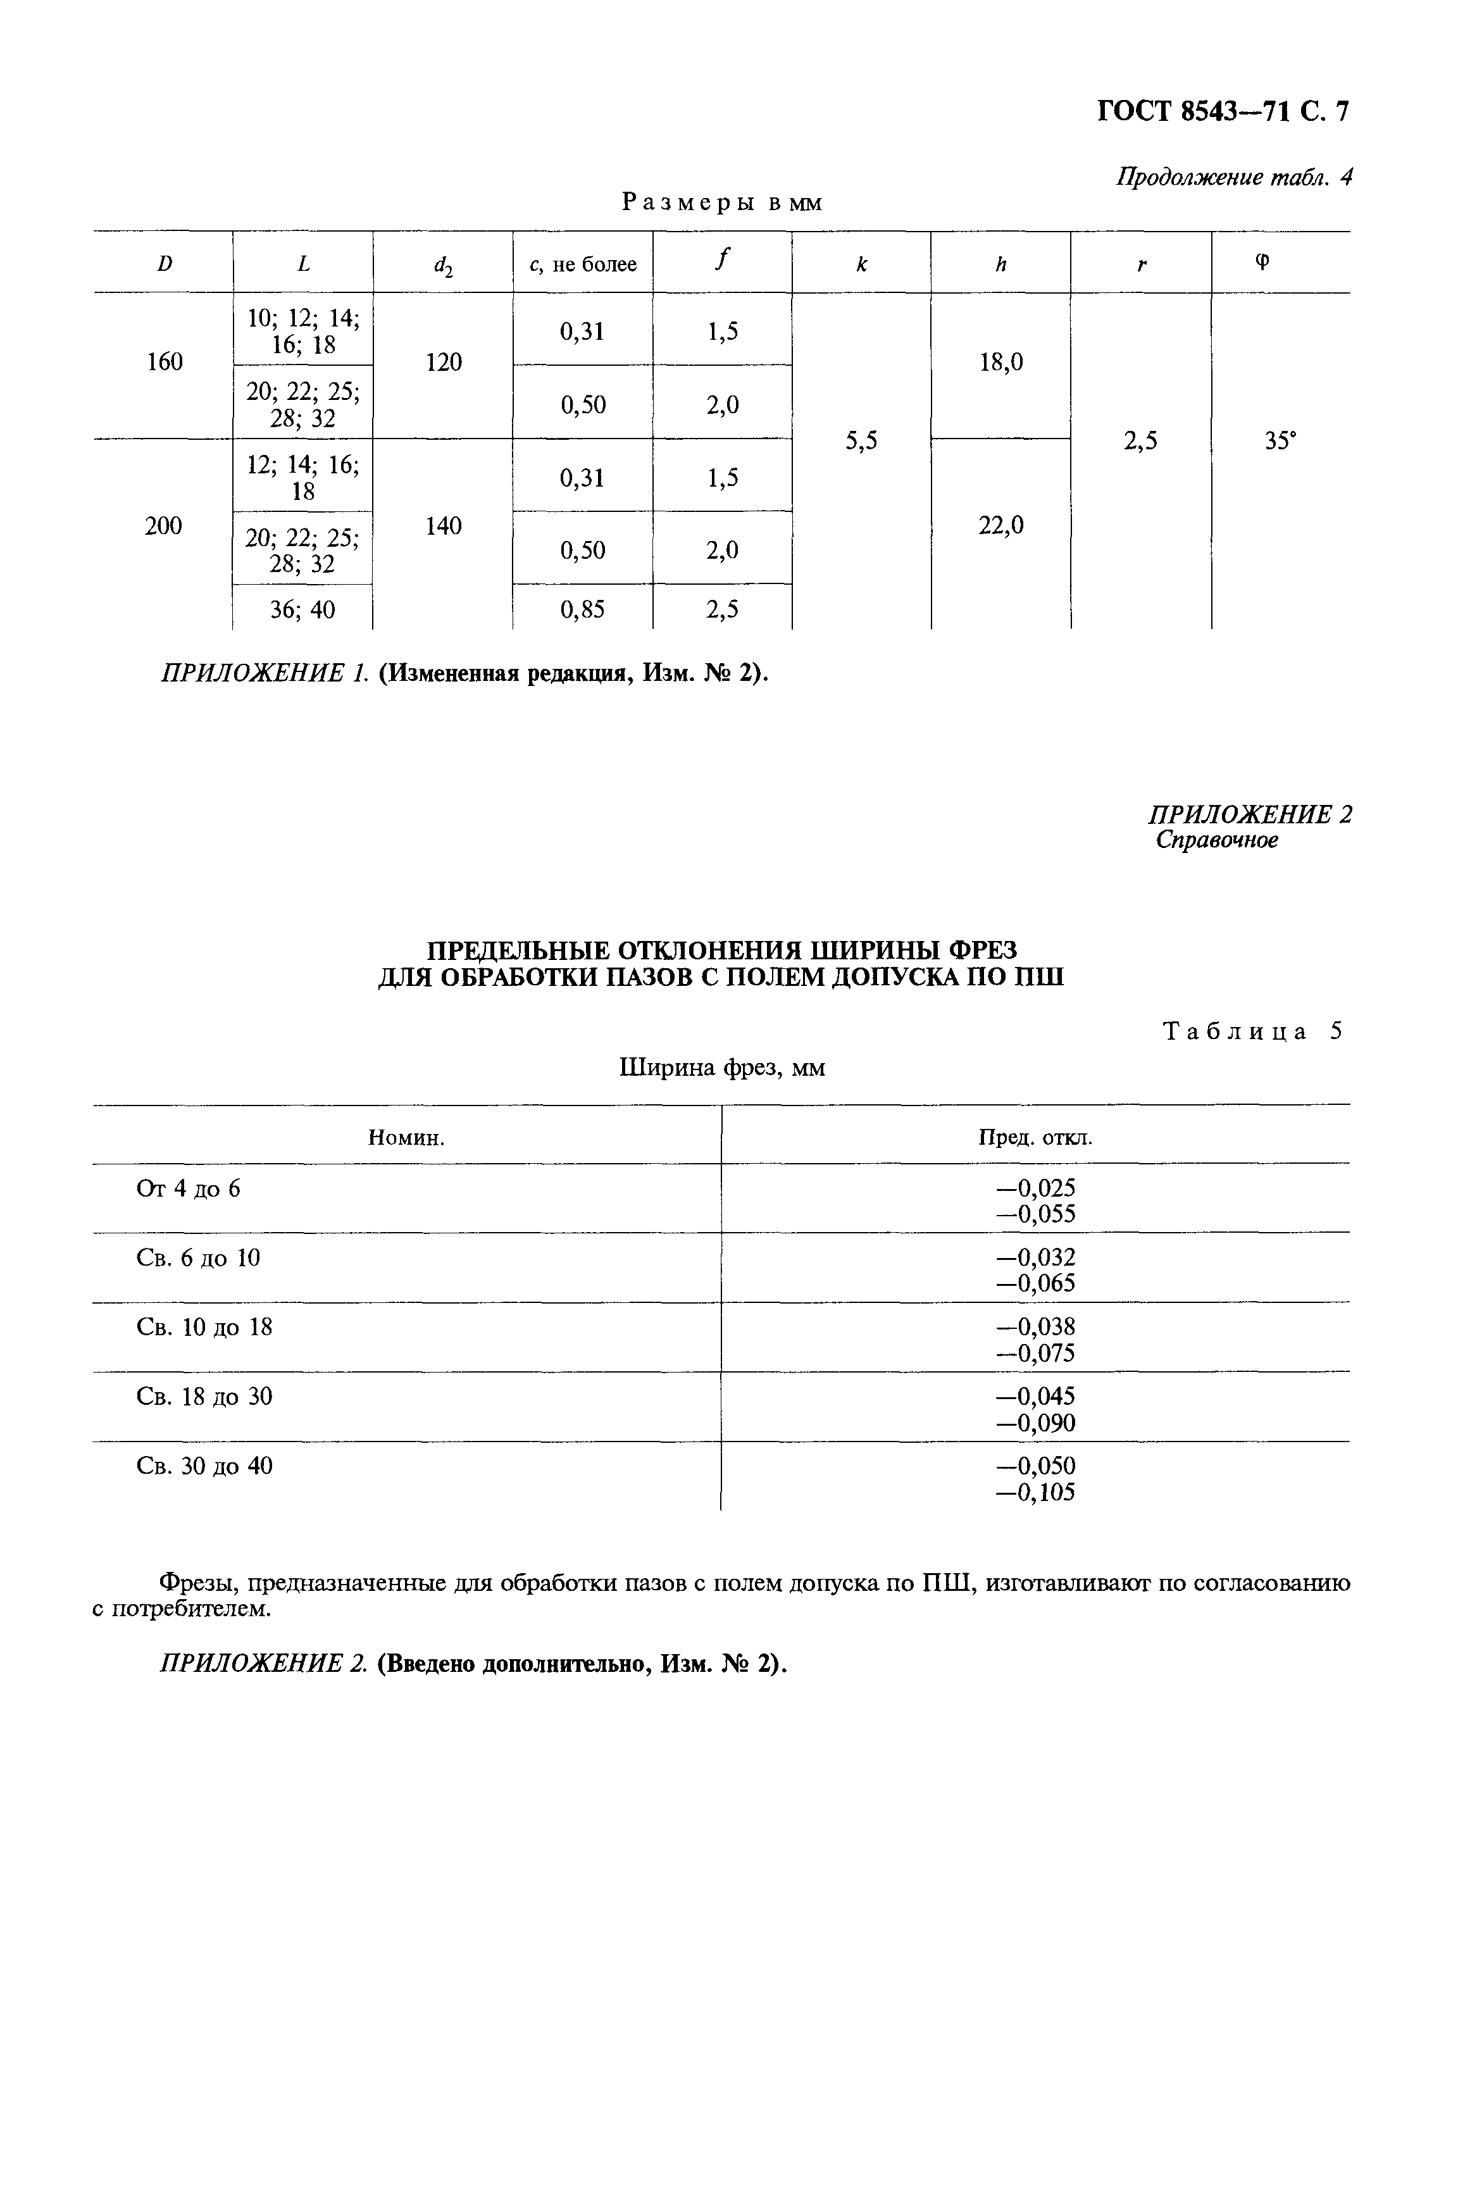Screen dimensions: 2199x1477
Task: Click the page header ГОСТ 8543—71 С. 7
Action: pos(1223,112)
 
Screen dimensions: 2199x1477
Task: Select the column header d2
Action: pos(443,266)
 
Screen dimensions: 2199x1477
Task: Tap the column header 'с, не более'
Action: pos(582,265)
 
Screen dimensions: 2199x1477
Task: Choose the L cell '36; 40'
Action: pos(302,610)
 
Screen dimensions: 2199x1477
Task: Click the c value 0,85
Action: pos(582,610)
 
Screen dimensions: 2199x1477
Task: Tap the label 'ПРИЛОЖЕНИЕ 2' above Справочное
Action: pos(1249,814)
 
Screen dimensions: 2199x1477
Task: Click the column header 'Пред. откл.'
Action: pos(1035,1138)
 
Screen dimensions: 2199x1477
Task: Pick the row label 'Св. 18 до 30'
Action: pos(204,1397)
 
